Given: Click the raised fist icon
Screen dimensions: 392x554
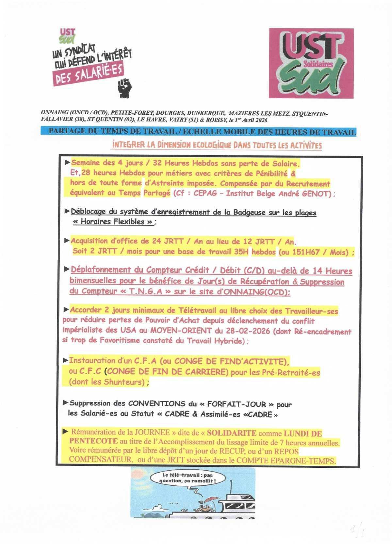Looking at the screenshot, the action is click(x=125, y=88).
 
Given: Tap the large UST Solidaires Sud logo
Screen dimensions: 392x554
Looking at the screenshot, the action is click(x=311, y=63).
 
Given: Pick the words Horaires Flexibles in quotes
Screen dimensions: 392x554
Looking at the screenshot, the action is click(x=112, y=222).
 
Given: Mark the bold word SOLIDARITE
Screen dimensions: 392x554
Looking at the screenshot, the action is click(x=232, y=433).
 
